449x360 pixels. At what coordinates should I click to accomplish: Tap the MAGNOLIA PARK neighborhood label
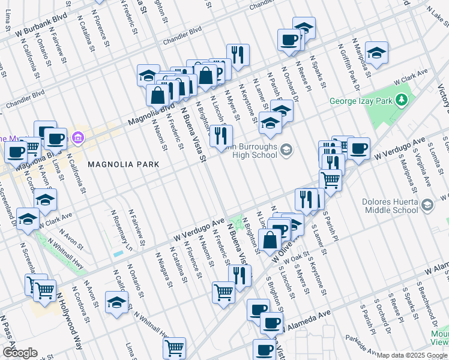tap(123, 164)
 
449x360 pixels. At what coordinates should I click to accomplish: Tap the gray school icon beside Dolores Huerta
tap(427, 205)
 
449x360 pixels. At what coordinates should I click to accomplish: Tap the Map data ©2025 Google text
tap(411, 356)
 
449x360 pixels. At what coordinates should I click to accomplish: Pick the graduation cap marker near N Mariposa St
tap(376, 52)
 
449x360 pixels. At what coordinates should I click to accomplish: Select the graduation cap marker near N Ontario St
tap(116, 302)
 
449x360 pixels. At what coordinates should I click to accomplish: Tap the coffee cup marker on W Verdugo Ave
tap(358, 148)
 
